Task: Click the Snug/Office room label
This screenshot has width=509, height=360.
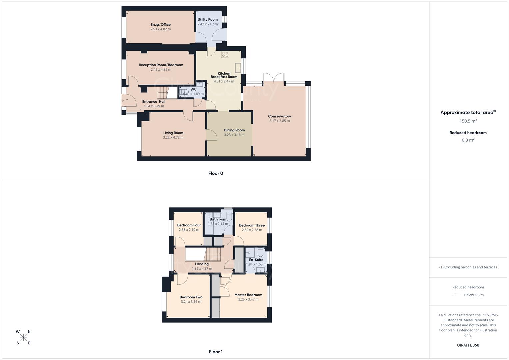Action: (160, 25)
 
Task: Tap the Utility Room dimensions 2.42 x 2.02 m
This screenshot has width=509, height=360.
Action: (207, 24)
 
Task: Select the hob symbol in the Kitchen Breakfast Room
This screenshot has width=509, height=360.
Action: (225, 54)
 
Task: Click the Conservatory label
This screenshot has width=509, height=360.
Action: (279, 116)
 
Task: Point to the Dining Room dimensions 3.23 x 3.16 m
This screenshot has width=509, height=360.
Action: (234, 135)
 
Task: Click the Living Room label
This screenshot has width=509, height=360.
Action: (173, 133)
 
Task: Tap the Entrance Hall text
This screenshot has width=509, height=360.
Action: (154, 102)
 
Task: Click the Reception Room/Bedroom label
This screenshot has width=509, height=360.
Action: (161, 65)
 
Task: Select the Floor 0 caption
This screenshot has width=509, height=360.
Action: (216, 173)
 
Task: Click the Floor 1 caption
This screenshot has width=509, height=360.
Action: (216, 352)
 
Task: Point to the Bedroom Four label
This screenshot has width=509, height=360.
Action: (189, 225)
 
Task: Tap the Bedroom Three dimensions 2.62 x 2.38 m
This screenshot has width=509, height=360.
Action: (252, 230)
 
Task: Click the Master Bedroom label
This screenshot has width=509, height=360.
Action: (248, 295)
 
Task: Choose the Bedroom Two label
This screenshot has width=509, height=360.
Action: (191, 297)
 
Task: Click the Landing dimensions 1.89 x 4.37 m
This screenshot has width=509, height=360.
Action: (202, 269)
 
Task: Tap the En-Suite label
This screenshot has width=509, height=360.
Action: (256, 260)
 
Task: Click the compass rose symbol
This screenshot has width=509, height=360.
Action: (23, 337)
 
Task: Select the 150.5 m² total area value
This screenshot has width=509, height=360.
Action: (468, 121)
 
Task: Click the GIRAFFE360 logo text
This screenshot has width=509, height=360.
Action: (468, 345)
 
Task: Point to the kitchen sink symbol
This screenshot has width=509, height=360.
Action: (238, 68)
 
